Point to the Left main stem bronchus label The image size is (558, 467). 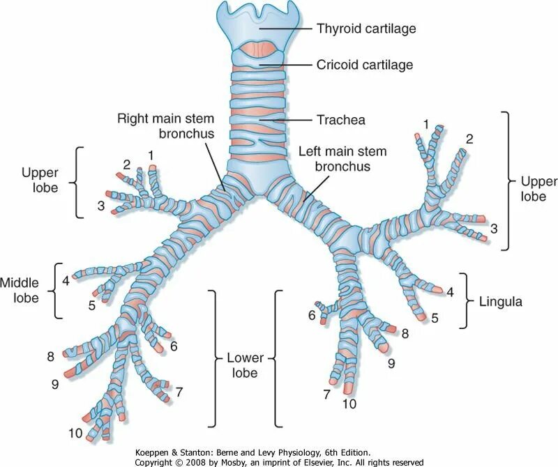pyautogui.click(x=342, y=159)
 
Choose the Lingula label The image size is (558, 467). pyautogui.click(x=501, y=303)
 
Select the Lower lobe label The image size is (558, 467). pyautogui.click(x=244, y=366)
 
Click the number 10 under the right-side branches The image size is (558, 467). pyautogui.click(x=349, y=404)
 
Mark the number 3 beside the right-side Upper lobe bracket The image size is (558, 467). pyautogui.click(x=494, y=228)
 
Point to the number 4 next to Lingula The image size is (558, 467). pyautogui.click(x=450, y=292)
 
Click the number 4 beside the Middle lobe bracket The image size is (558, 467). pyautogui.click(x=66, y=281)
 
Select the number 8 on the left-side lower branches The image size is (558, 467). pyautogui.click(x=50, y=357)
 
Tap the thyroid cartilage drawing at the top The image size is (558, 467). pyautogui.click(x=258, y=21)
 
